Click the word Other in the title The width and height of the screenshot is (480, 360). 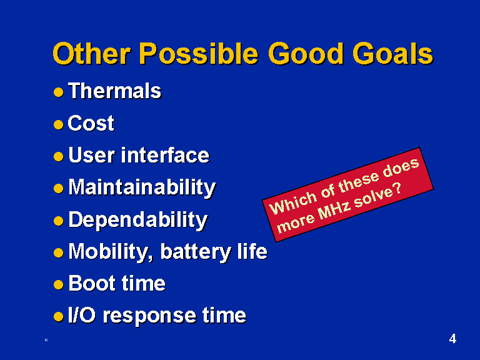(x=92, y=53)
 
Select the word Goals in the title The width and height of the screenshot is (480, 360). (x=393, y=53)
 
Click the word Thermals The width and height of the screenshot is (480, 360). (x=115, y=91)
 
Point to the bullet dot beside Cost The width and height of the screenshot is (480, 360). (x=59, y=124)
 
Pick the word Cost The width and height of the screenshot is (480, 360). (x=91, y=123)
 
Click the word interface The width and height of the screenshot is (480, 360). (x=165, y=155)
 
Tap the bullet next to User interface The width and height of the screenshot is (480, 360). (x=59, y=156)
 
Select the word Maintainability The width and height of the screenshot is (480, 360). (x=142, y=187)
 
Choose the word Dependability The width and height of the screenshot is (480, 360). (x=138, y=220)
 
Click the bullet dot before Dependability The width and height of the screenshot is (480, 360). (x=59, y=221)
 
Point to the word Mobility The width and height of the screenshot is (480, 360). (x=111, y=252)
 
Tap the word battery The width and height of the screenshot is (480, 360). (x=196, y=252)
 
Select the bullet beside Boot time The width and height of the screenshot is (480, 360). (x=59, y=285)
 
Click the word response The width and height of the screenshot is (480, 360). (x=149, y=316)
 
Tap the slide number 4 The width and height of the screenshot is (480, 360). (x=452, y=339)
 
